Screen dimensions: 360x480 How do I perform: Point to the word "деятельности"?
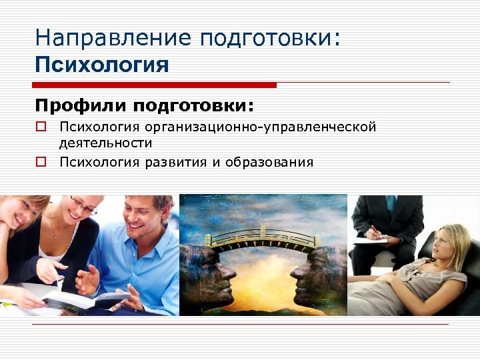(105, 143)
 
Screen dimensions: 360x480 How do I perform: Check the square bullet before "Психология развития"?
(41, 162)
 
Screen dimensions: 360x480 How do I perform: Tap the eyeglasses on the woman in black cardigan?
(84, 206)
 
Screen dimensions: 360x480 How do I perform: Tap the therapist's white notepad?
(370, 240)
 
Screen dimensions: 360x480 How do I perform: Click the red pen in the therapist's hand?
(373, 231)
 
